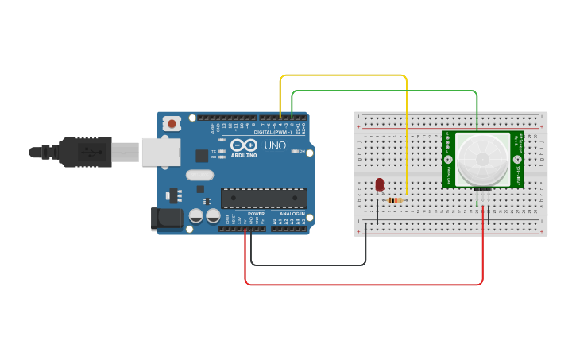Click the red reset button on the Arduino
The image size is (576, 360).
tap(172, 123)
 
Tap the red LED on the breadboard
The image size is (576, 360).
tap(379, 184)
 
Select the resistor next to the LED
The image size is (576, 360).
tap(394, 200)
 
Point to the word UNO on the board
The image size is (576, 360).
tap(274, 146)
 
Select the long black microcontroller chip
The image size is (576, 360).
tap(264, 197)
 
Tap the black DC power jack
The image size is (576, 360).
tap(166, 219)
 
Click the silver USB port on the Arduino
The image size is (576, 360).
tap(161, 152)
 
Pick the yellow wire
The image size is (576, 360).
tap(343, 75)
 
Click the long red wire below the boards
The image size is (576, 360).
tap(364, 284)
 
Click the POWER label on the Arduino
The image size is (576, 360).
tap(256, 214)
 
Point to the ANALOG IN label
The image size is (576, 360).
tap(292, 214)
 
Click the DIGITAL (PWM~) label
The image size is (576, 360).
tap(273, 132)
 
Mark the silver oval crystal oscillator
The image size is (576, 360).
tap(199, 175)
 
